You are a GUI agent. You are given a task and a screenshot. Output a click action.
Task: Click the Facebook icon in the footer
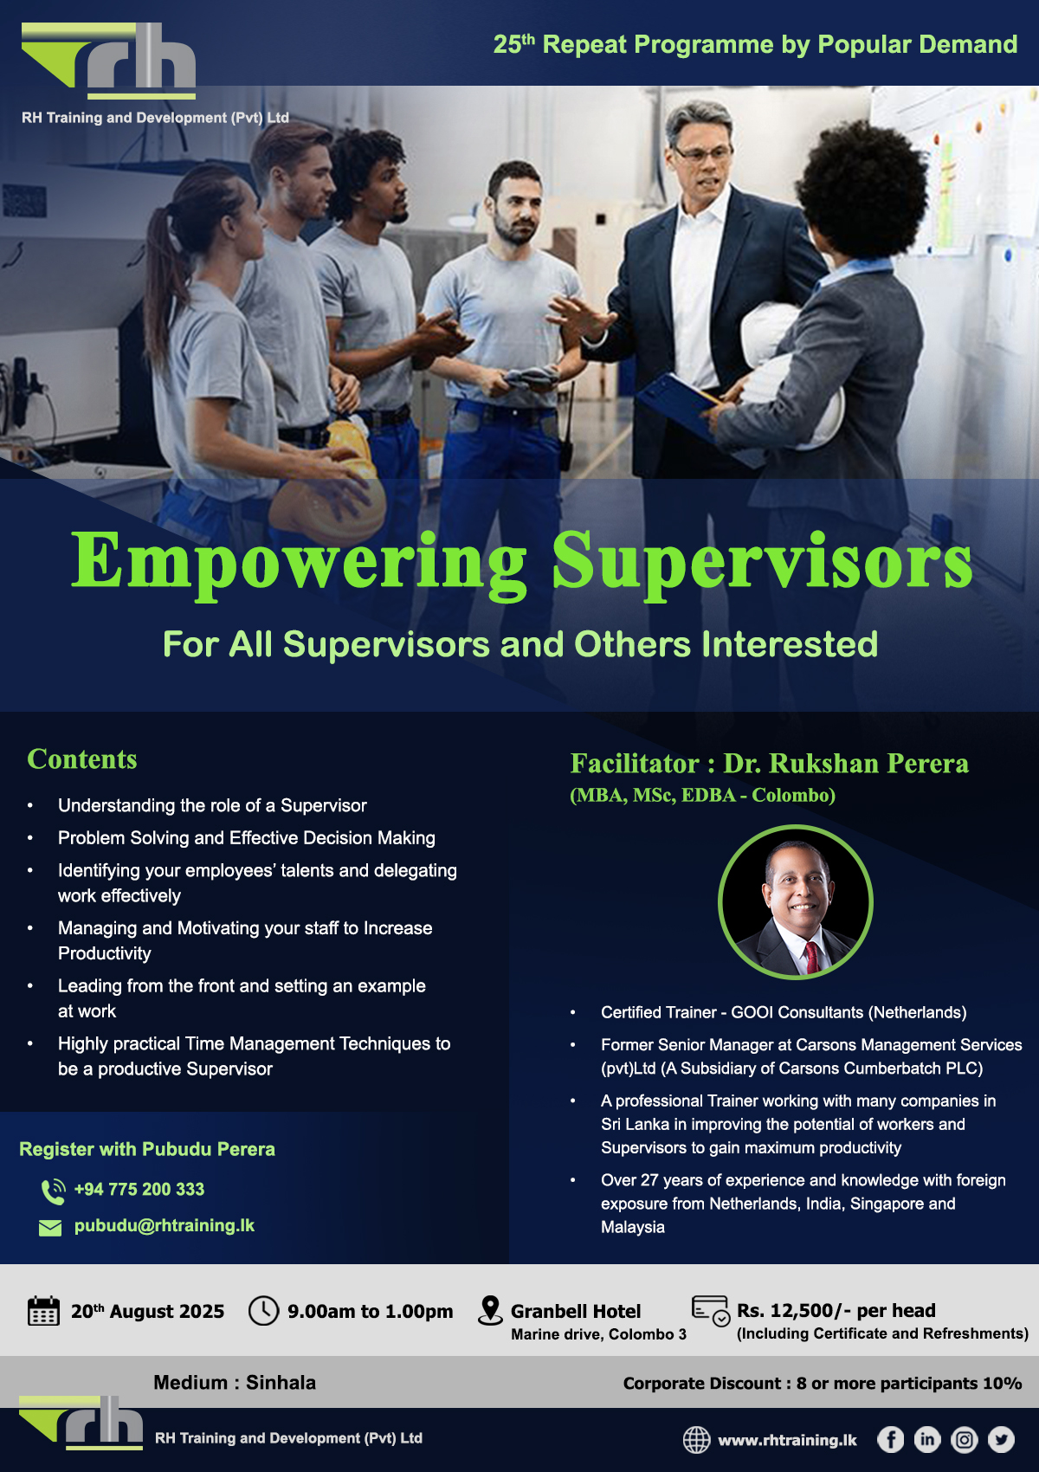890,1439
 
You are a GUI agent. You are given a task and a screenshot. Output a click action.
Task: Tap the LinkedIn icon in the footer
927,1439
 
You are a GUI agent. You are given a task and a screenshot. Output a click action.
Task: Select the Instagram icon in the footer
964,1439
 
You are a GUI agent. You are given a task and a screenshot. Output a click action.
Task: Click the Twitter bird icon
1001,1439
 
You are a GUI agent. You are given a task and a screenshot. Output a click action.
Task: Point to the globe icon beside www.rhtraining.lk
697,1440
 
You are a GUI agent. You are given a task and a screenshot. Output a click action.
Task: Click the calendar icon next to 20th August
43,1311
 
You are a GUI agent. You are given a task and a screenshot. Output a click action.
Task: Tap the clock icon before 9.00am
263,1310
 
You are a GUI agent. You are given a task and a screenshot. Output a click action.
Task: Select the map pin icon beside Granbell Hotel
490,1310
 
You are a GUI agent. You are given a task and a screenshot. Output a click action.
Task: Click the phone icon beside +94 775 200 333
53,1191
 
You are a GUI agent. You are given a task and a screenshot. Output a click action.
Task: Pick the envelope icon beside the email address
50,1228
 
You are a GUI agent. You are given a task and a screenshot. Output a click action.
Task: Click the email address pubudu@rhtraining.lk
165,1225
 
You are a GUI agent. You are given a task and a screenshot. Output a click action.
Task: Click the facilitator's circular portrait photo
795,901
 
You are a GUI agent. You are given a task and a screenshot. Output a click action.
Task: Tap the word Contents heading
82,759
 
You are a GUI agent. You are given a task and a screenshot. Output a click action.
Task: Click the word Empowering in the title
299,564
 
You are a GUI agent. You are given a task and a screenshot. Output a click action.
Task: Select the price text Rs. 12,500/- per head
836,1310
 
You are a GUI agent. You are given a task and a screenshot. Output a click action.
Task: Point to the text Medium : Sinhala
235,1383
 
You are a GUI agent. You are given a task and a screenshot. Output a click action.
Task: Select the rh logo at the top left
108,61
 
